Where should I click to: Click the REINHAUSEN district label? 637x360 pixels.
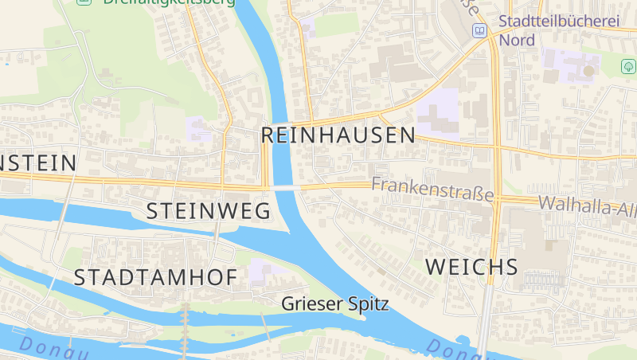(338, 135)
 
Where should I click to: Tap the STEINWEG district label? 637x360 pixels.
(209, 211)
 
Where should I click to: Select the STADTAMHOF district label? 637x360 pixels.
(155, 277)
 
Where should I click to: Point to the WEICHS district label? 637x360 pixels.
(471, 267)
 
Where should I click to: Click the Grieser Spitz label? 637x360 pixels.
(335, 303)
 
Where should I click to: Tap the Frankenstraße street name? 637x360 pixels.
(432, 186)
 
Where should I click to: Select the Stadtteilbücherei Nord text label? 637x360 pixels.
(557, 30)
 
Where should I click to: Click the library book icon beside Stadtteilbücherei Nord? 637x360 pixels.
(479, 30)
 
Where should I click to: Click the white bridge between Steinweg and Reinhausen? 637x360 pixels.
(284, 187)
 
